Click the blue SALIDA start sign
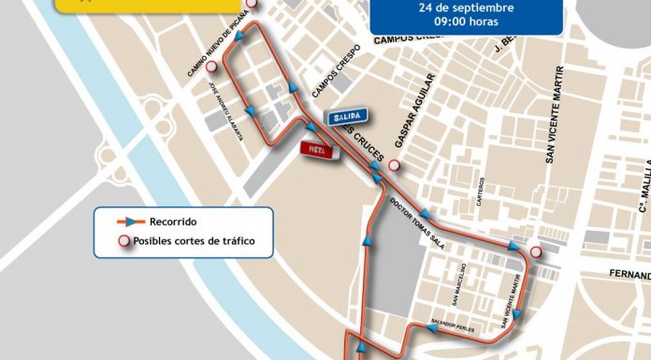click(346, 115)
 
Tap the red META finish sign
click(317, 149)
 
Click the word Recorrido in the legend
click(172, 222)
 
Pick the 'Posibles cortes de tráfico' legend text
click(194, 240)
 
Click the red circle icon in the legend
click(122, 241)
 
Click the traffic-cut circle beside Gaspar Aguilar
click(395, 166)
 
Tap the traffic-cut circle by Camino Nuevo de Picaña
click(211, 66)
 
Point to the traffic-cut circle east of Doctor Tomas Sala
click(535, 252)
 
